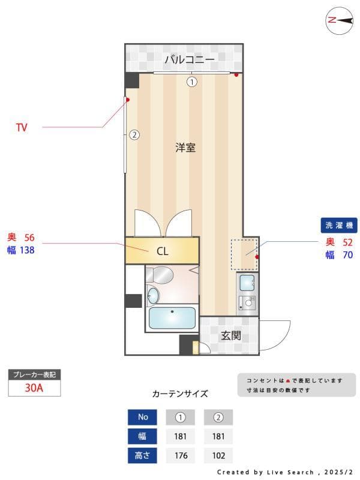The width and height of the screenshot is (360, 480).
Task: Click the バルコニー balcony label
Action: (x=189, y=59)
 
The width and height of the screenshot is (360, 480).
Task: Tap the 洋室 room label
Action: (x=185, y=148)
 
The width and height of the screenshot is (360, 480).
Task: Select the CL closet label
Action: (x=162, y=251)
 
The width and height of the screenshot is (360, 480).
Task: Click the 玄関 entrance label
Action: (x=230, y=336)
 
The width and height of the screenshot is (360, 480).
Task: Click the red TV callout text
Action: (x=22, y=127)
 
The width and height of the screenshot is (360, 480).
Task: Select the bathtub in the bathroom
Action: (x=172, y=319)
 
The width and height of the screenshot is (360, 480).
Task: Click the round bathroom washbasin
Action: (x=154, y=296)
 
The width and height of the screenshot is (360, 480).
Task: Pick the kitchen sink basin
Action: (x=246, y=282)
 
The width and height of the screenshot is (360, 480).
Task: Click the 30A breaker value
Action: (x=34, y=388)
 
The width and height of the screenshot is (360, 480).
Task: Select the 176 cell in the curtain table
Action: (x=180, y=455)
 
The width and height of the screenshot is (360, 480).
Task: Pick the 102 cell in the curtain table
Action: (x=218, y=455)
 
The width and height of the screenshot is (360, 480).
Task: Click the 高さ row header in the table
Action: (x=142, y=455)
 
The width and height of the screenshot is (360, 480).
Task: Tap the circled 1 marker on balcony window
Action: (x=191, y=82)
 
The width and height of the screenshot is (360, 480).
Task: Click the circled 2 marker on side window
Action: (x=134, y=135)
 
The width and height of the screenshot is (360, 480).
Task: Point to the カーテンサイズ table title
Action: (x=180, y=394)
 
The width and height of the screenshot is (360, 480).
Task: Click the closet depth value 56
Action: (x=29, y=237)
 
